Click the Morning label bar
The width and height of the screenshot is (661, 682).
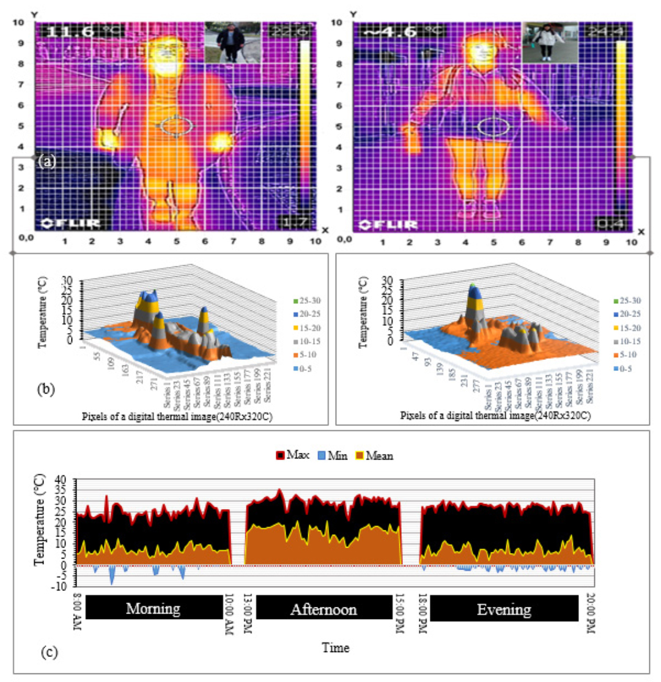tap(153, 609)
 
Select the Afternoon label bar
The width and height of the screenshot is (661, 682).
tap(323, 609)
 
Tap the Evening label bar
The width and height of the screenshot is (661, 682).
tap(504, 609)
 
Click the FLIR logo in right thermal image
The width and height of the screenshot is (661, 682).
tap(388, 224)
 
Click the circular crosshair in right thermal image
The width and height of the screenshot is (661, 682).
tap(493, 127)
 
